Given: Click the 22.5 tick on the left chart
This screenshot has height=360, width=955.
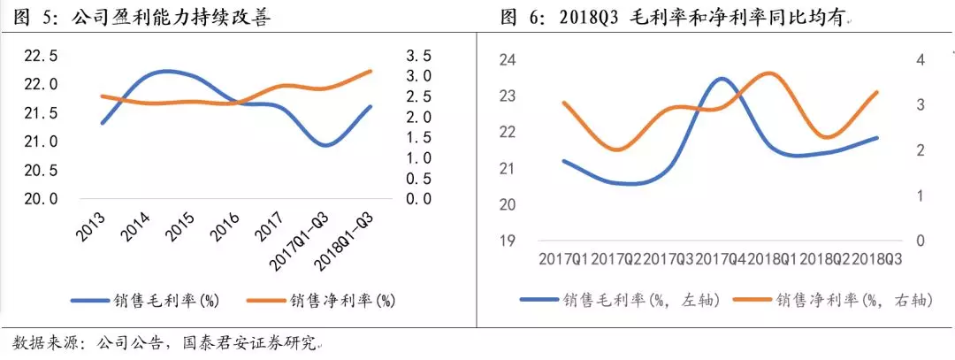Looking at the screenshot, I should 40,57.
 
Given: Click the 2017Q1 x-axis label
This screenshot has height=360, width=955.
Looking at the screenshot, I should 563,259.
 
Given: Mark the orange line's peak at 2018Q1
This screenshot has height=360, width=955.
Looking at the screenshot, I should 771,73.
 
